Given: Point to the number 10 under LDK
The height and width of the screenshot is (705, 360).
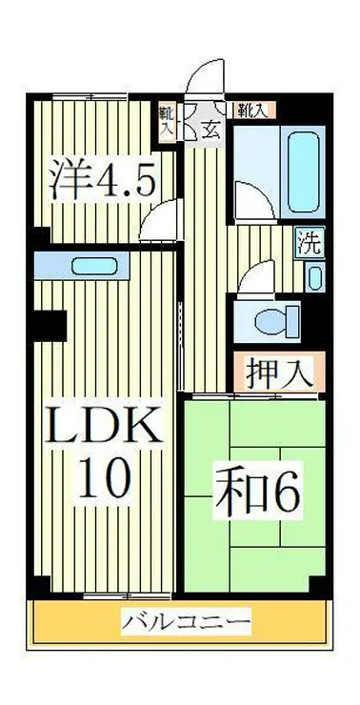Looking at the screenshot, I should click(x=101, y=478).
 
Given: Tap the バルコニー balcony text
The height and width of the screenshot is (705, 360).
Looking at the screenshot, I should click(x=186, y=624).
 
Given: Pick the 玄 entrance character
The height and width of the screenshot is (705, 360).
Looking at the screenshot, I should click(x=211, y=131).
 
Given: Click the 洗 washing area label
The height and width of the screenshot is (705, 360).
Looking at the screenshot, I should click(x=310, y=240).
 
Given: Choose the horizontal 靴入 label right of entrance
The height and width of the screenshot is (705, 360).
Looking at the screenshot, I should click(x=253, y=110).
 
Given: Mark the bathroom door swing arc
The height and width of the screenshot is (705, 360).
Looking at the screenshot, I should click(x=250, y=199).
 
